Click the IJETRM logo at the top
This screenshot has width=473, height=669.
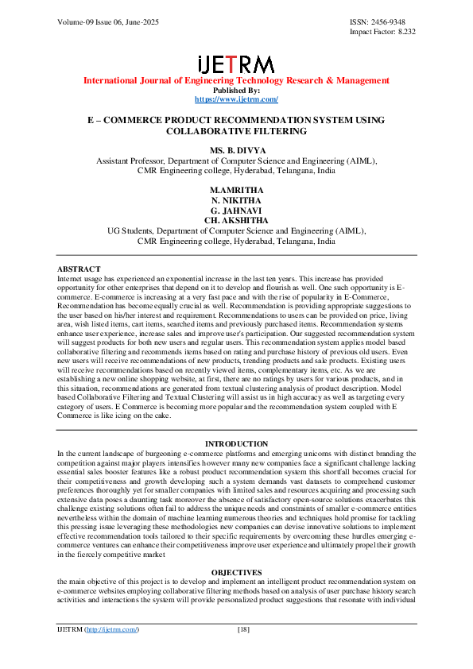coord(236,64)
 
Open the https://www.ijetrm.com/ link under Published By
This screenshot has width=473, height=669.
coord(236,99)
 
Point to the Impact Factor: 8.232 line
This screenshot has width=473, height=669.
coord(382,32)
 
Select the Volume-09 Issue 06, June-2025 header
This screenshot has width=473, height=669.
coord(108,21)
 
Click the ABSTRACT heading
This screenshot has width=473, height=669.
coord(79,269)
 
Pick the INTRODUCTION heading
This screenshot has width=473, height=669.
coord(236,443)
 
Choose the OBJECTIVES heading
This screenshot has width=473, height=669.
coord(236,572)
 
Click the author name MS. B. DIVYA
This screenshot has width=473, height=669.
coord(236,151)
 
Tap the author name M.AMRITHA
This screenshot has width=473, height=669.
coord(236,191)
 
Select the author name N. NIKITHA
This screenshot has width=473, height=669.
coord(236,201)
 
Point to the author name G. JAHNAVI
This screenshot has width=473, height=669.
coord(236,211)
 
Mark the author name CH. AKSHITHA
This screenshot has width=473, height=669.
coord(236,220)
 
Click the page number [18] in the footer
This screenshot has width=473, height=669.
coord(244,629)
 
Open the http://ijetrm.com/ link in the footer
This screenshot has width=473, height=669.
coord(112,629)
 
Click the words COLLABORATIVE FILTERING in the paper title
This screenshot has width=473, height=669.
coord(236,130)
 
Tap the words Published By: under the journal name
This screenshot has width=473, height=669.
coord(236,90)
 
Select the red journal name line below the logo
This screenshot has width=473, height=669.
coord(236,80)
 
